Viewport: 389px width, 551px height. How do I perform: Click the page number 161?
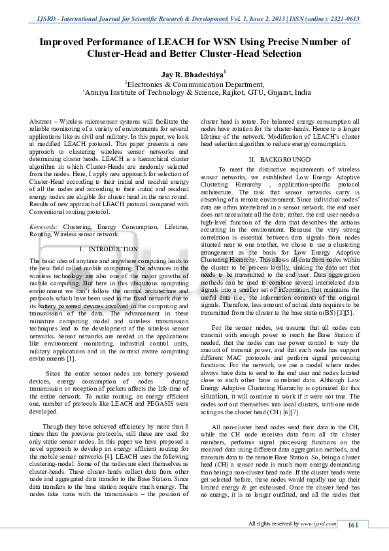(352, 525)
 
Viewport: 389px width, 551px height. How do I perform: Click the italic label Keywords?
(44, 226)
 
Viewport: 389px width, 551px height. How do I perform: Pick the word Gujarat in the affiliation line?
(271, 93)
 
